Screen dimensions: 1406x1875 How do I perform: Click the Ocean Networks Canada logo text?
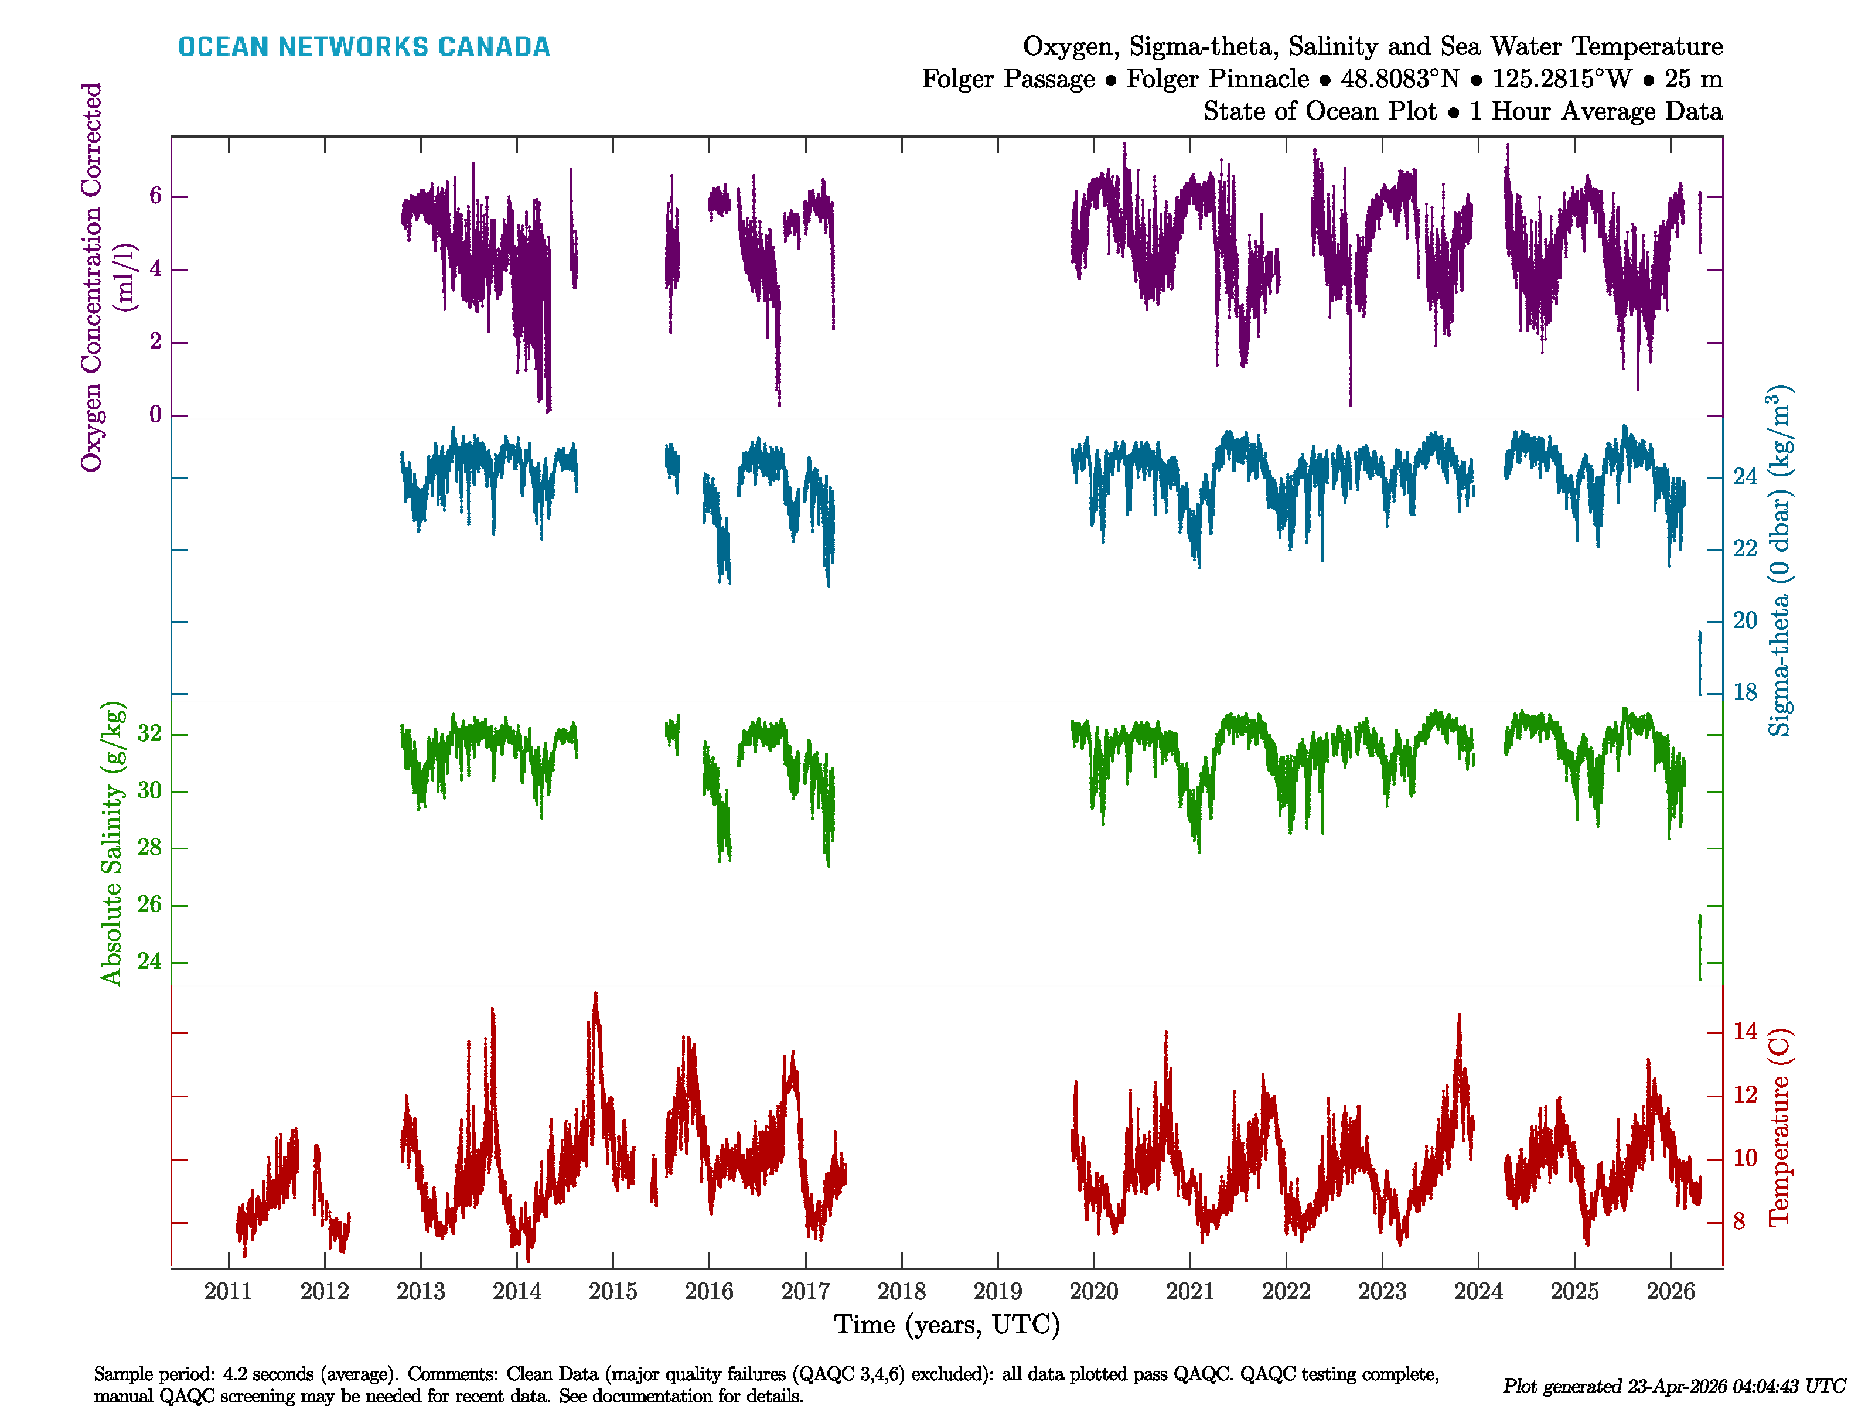click(x=364, y=47)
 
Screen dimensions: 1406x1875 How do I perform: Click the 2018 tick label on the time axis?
click(x=901, y=1292)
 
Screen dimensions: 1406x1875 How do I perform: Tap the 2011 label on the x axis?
click(x=228, y=1292)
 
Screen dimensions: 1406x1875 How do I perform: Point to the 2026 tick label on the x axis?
click(x=1670, y=1292)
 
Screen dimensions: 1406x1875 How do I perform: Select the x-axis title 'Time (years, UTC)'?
click(x=947, y=1325)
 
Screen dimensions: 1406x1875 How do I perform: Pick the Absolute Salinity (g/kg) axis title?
click(x=112, y=843)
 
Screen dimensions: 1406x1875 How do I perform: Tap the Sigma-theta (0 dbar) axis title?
click(x=1779, y=561)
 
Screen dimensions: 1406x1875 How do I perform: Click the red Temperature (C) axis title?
click(x=1779, y=1127)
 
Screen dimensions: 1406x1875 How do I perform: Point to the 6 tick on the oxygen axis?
click(x=155, y=197)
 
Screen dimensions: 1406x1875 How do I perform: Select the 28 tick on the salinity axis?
click(x=149, y=848)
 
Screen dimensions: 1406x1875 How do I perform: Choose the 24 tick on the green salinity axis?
click(x=149, y=962)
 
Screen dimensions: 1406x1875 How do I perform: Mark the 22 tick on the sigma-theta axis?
click(x=1744, y=549)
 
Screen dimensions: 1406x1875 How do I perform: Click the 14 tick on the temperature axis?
click(x=1744, y=1032)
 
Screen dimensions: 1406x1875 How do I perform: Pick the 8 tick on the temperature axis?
click(x=1738, y=1222)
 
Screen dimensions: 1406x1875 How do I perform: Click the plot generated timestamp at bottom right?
click(x=1673, y=1387)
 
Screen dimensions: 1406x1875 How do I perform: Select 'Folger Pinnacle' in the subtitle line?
click(x=1217, y=79)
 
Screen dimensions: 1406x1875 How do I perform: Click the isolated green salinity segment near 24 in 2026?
click(x=1700, y=947)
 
